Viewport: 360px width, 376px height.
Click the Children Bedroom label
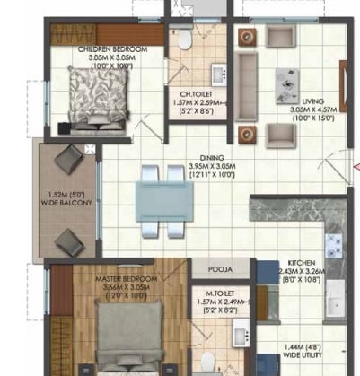coord(106,48)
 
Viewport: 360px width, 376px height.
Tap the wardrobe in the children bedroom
coord(106,32)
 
